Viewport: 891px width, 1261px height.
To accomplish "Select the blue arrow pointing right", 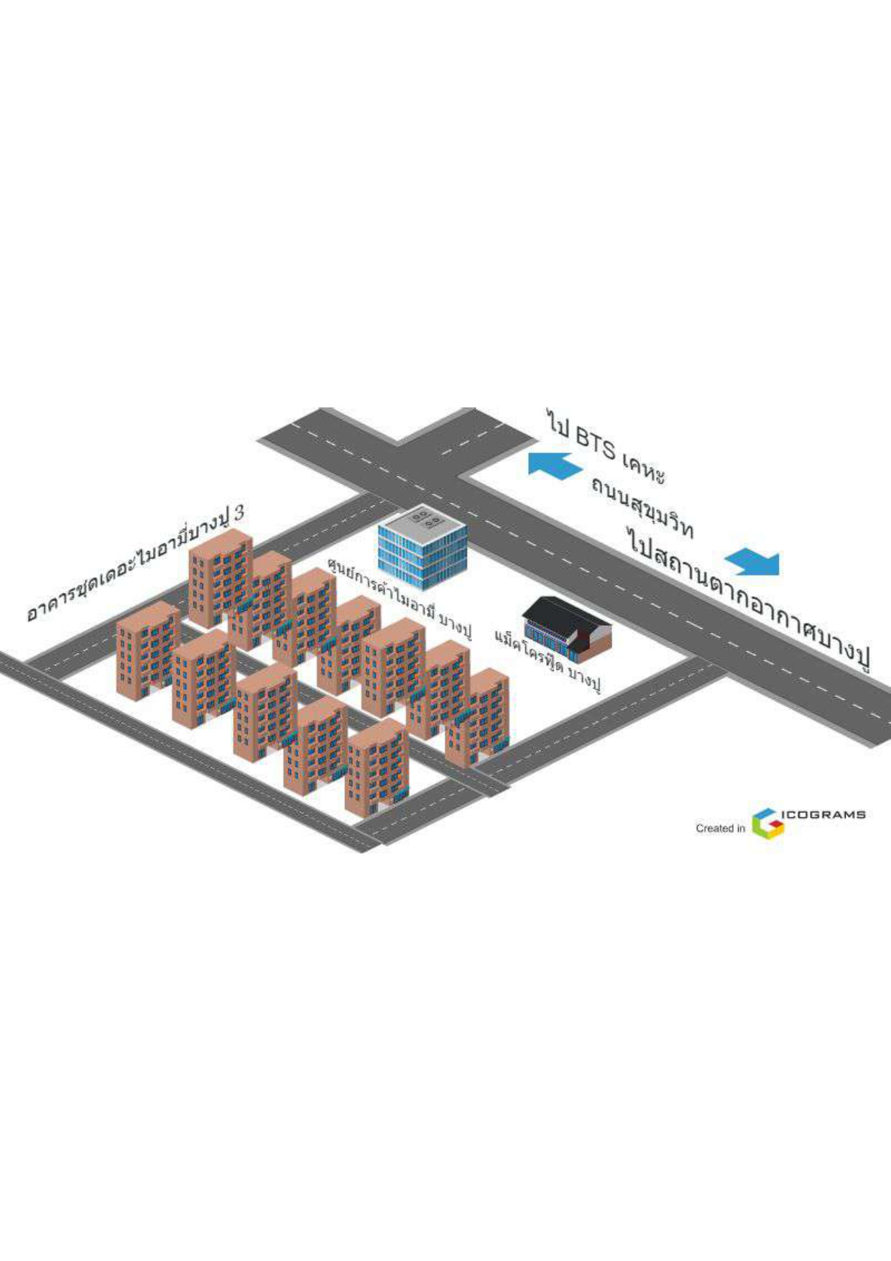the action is (752, 562).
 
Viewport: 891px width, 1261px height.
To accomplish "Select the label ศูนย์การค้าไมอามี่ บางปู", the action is (400, 598).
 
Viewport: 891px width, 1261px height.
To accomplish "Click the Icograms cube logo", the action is (767, 823).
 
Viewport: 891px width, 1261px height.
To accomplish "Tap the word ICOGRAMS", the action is (823, 815).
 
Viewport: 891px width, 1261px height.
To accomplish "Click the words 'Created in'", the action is (720, 828).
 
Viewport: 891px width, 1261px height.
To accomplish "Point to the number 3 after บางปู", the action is (239, 512).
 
